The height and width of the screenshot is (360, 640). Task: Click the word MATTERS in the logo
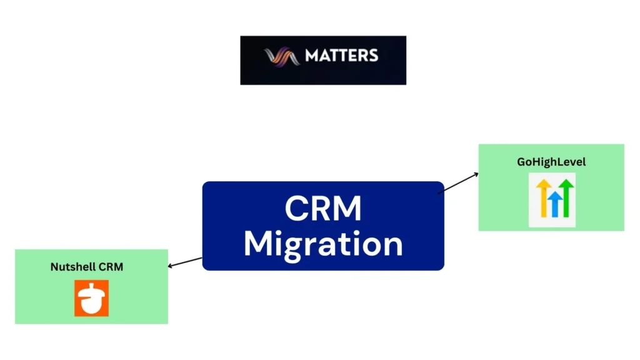point(341,56)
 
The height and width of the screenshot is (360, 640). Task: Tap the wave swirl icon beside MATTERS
point(282,56)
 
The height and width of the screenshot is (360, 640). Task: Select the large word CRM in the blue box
point(322,209)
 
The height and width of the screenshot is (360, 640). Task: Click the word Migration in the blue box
point(322,244)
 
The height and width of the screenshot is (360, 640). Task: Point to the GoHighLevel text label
point(551,162)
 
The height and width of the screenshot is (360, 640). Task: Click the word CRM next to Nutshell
point(111,267)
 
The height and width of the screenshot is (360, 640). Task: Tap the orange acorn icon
point(91,298)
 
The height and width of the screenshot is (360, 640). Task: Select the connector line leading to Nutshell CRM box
point(186,262)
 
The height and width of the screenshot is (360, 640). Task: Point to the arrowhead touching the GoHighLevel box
point(476,174)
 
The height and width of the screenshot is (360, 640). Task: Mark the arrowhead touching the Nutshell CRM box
point(171,266)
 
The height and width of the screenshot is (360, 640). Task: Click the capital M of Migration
point(257,243)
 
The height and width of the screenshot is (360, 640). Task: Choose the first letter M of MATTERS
point(312,56)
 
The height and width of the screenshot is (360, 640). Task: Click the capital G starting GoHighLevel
point(521,162)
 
